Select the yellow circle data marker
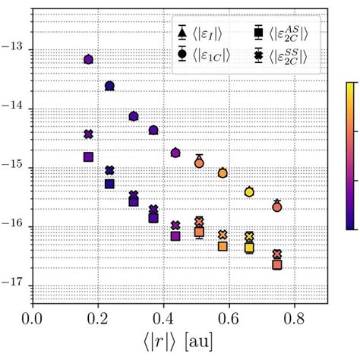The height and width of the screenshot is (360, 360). point(249,192)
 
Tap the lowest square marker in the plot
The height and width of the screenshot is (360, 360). point(277,264)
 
